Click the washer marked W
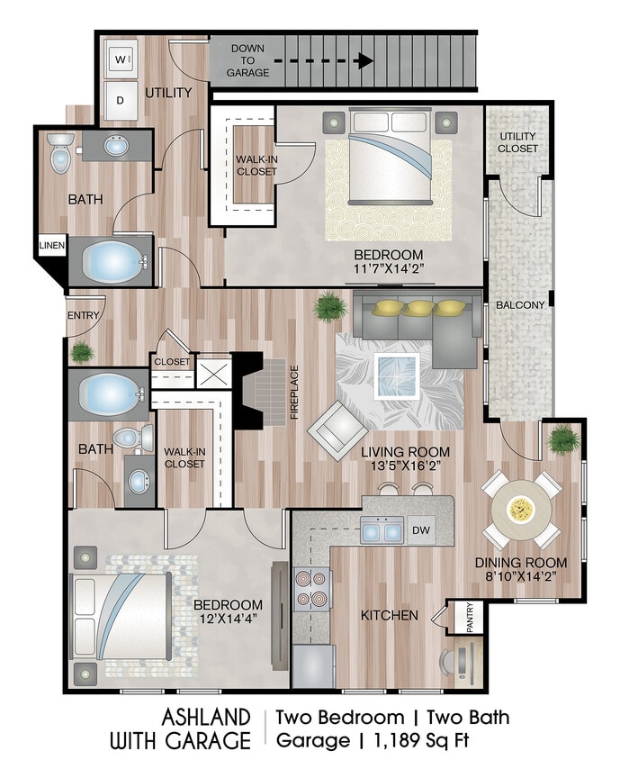121,59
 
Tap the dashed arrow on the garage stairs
323,61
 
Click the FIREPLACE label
293,393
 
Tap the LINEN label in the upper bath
50,245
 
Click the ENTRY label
83,315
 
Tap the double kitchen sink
382,530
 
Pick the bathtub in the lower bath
109,394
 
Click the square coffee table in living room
397,375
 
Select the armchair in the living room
337,425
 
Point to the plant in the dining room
564,440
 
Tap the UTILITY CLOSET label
519,141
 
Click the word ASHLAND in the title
205,717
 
